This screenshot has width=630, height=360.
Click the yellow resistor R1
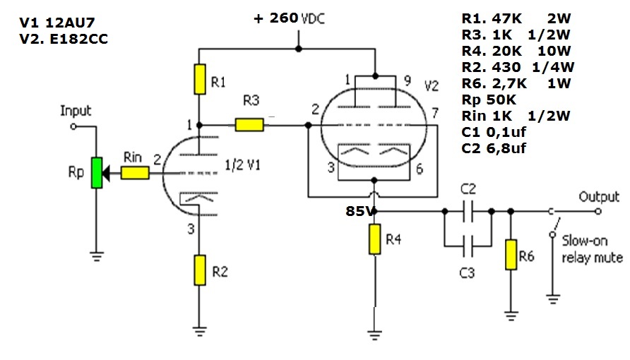200,79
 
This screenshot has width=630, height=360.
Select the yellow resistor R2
200,270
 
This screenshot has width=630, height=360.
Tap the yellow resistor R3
249,125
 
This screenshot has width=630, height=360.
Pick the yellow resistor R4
374,239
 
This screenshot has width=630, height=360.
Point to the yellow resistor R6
511,255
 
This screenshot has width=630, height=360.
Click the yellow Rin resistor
135,173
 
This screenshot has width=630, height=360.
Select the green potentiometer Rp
97,173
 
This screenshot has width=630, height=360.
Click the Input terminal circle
73,126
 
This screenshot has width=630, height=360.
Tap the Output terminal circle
598,211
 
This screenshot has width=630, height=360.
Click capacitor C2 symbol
468,211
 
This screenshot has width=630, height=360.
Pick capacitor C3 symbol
468,246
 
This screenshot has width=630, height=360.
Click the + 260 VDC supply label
290,18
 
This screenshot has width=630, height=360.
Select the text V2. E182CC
64,39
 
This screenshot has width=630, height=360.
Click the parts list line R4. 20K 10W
516,51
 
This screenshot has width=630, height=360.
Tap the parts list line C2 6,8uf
494,148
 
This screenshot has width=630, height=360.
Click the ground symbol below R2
200,330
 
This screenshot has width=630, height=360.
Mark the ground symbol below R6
511,316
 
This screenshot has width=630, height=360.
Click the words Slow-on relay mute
593,249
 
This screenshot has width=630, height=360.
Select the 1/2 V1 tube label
242,164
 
